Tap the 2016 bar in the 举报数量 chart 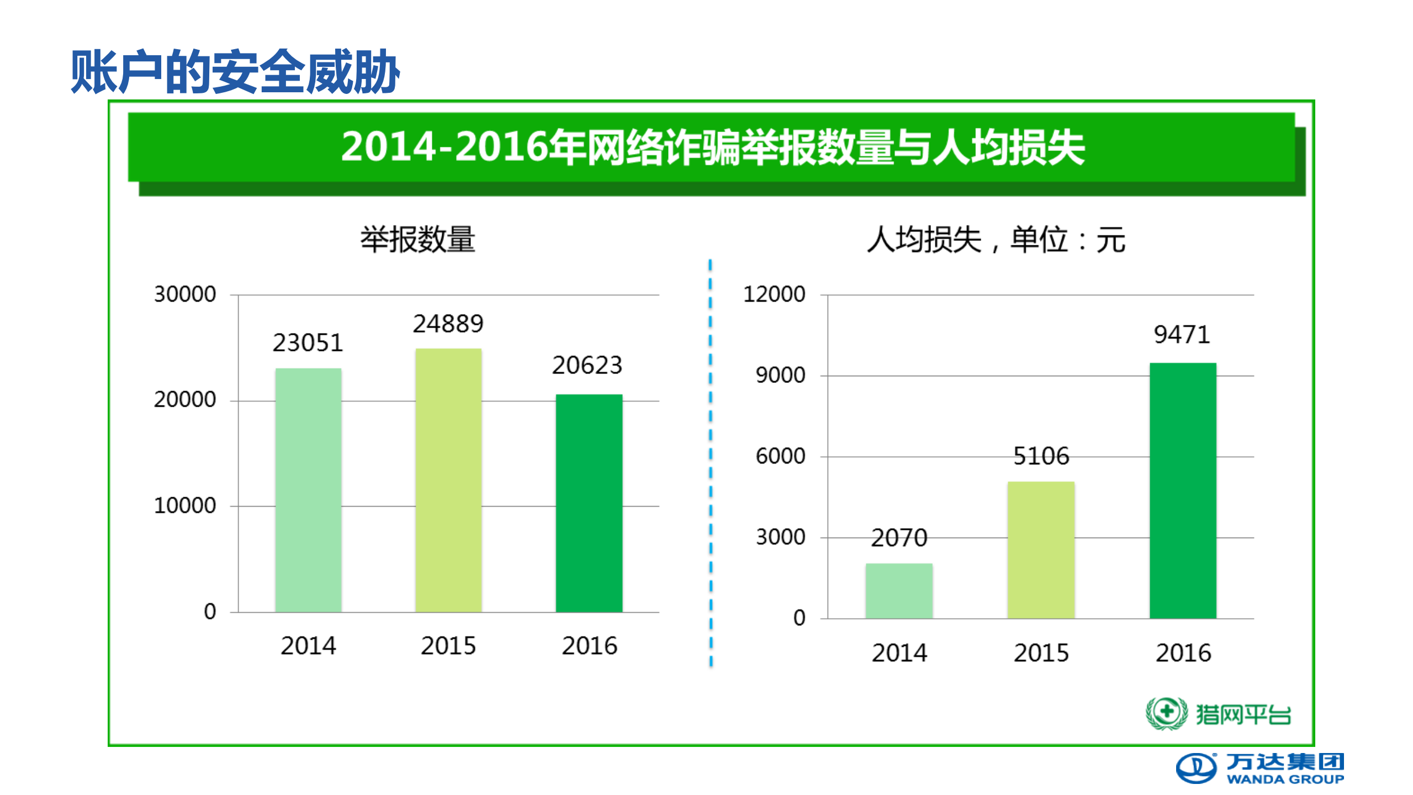[589, 503]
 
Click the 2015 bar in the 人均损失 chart [1041, 549]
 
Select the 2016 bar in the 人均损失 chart [1183, 490]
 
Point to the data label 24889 [448, 324]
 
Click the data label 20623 [587, 365]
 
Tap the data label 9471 [1182, 335]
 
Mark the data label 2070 [899, 538]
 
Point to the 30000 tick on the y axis [185, 294]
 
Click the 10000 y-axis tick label [185, 506]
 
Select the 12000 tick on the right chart [774, 294]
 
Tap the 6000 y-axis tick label [780, 456]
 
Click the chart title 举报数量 [417, 240]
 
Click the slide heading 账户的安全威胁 [235, 71]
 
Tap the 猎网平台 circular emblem [1166, 713]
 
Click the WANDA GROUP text [1285, 779]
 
